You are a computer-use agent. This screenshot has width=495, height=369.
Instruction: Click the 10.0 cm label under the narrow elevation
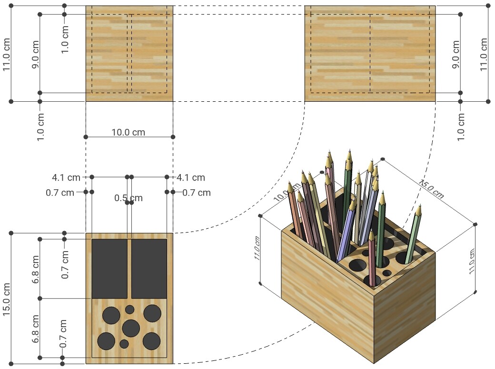point(129,132)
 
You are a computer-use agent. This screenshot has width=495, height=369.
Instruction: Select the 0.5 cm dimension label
point(129,198)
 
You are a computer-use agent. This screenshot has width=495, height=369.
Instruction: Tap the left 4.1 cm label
point(66,178)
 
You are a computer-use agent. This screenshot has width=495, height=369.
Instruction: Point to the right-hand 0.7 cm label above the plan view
point(197,193)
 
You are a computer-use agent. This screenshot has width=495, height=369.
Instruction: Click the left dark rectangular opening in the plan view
point(109,268)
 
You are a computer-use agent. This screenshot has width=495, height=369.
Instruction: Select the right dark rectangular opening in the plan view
point(149,268)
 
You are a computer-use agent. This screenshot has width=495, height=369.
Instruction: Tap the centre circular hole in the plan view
point(130,328)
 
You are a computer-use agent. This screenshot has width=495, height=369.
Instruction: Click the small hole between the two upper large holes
point(129,309)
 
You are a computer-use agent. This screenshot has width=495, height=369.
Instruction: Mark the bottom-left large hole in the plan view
point(106,340)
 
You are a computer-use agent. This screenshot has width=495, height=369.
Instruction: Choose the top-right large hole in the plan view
point(152,312)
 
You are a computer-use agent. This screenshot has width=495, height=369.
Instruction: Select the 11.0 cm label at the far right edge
point(484,55)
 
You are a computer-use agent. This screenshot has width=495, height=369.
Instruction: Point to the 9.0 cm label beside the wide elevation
point(455,55)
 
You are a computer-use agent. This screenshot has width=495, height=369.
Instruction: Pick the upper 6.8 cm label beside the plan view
point(36,270)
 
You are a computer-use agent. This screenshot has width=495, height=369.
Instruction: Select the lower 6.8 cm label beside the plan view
point(36,328)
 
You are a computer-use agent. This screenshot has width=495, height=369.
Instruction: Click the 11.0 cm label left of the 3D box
point(257,249)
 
